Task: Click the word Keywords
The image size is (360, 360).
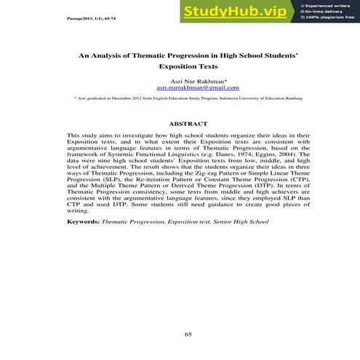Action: coord(83,220)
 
